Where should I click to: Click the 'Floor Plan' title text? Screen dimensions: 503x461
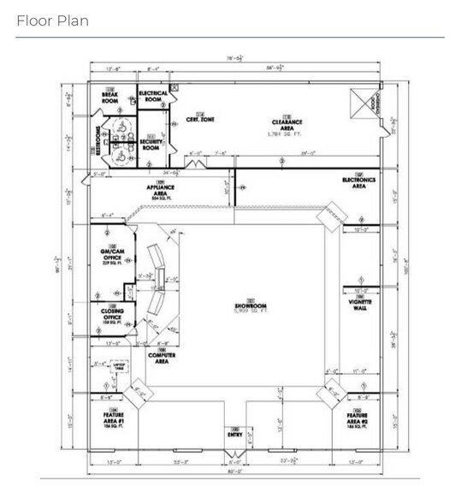(52, 21)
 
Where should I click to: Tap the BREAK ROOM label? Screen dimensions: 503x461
(109, 97)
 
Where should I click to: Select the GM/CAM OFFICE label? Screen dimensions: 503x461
(112, 256)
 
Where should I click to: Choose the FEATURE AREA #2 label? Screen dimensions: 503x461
(359, 420)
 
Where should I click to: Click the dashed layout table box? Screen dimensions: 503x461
(121, 367)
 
